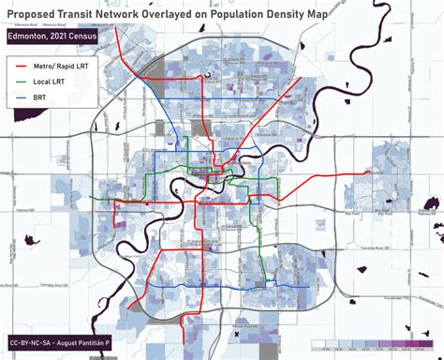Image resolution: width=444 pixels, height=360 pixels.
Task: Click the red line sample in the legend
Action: (x=22, y=67)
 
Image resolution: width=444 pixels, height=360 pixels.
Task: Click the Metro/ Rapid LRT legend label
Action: (x=66, y=67)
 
